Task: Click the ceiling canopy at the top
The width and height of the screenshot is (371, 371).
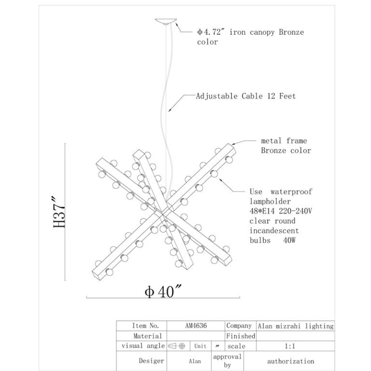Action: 166,21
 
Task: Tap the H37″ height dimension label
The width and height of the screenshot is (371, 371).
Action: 59,212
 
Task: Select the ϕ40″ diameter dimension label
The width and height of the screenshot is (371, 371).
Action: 163,291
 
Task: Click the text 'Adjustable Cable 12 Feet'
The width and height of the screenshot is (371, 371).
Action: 246,96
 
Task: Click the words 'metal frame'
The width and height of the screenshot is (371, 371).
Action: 284,141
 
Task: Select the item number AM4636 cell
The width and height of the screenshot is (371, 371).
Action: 196,326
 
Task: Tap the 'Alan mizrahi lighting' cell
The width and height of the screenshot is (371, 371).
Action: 295,326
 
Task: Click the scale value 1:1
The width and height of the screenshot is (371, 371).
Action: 289,346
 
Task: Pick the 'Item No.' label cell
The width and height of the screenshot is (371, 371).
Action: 145,326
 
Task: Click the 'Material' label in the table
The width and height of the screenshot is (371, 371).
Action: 147,336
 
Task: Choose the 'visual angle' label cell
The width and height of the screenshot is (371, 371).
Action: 143,346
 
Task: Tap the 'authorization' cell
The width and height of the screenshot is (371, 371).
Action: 291,361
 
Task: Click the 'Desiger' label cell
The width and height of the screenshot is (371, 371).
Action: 152,361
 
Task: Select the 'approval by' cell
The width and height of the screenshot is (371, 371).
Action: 227,361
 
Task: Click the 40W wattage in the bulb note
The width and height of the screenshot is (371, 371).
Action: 289,240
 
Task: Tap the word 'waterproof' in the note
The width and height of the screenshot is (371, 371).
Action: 291,192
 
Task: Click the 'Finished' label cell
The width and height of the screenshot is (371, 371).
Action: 241,336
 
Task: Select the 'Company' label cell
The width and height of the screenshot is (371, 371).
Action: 239,326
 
